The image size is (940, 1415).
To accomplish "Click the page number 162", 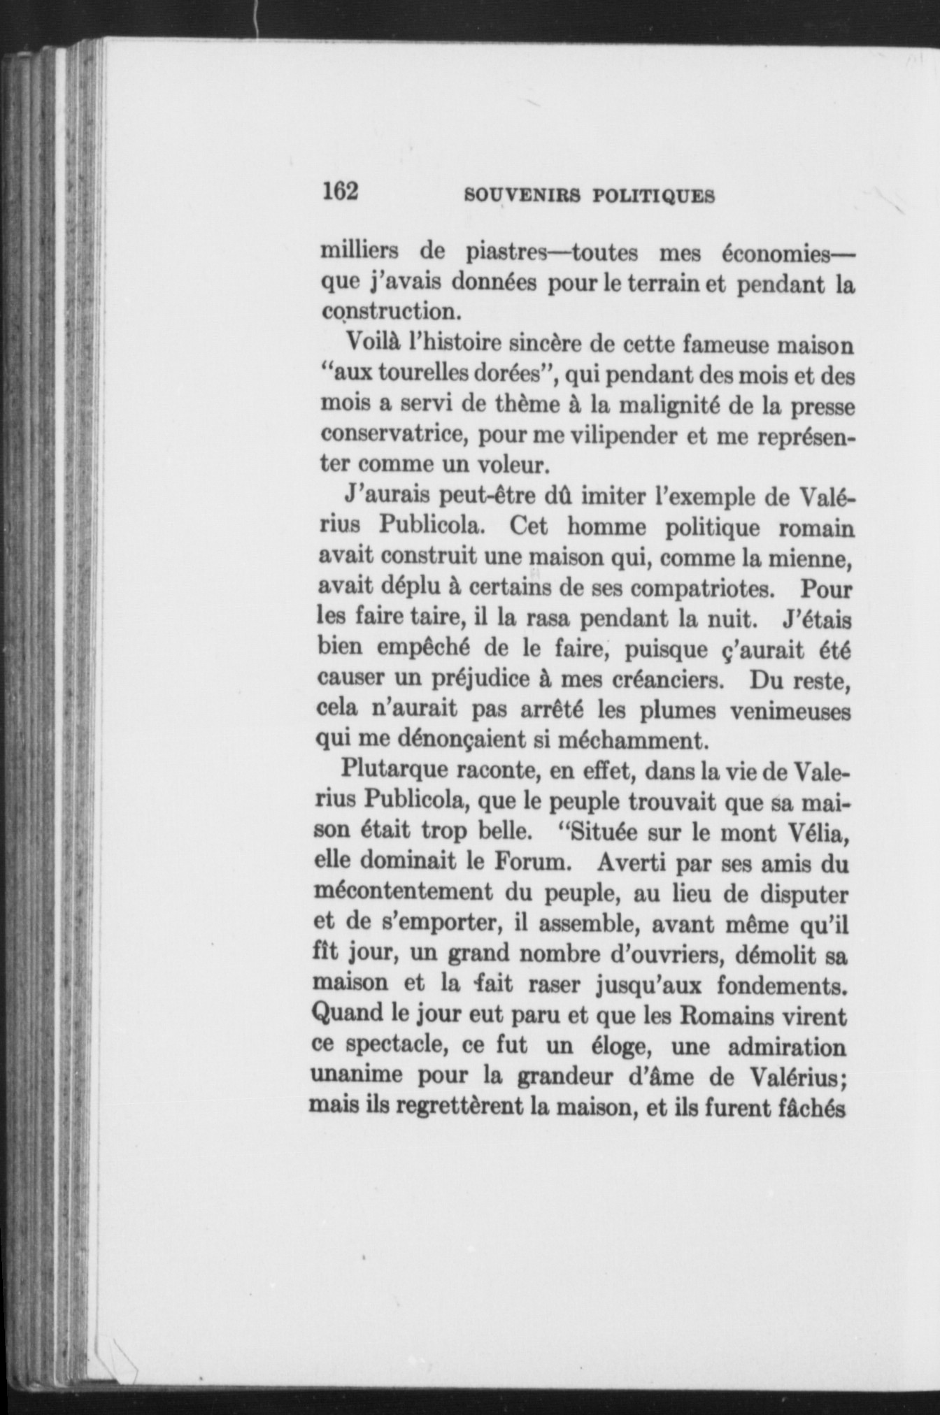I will (340, 191).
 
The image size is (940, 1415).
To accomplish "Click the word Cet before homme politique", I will (529, 526).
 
